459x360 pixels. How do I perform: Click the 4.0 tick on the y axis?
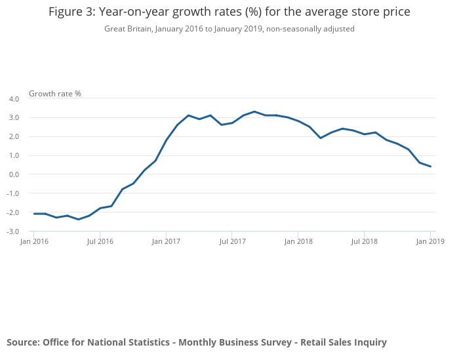pos(14,99)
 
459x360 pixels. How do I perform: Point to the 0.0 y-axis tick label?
pos(14,174)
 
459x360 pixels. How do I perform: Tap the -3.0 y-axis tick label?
pos(13,231)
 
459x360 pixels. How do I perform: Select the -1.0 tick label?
pos(13,193)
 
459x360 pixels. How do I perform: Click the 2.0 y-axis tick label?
pos(14,136)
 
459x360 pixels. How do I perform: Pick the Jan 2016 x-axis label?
pos(34,241)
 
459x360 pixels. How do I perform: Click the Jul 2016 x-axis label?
pos(100,241)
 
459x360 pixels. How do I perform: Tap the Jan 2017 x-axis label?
pos(166,241)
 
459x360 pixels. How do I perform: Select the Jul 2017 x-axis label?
pos(232,241)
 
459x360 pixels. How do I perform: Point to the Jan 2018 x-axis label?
pos(298,241)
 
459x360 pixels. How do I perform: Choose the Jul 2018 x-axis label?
pos(364,241)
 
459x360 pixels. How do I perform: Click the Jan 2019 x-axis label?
pos(430,241)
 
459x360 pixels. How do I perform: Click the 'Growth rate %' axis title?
pos(55,94)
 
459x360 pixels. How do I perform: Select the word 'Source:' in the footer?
pos(23,342)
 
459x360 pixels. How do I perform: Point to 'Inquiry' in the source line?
pos(368,342)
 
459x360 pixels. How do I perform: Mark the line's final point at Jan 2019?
pos(430,167)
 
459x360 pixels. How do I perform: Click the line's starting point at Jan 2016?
pos(34,214)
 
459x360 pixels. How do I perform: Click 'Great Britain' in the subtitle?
pos(128,29)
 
